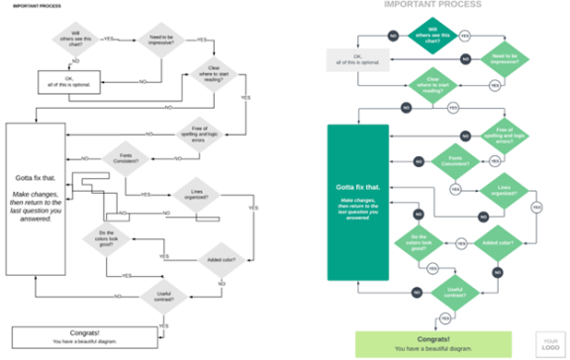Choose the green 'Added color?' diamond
pos(497,242)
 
